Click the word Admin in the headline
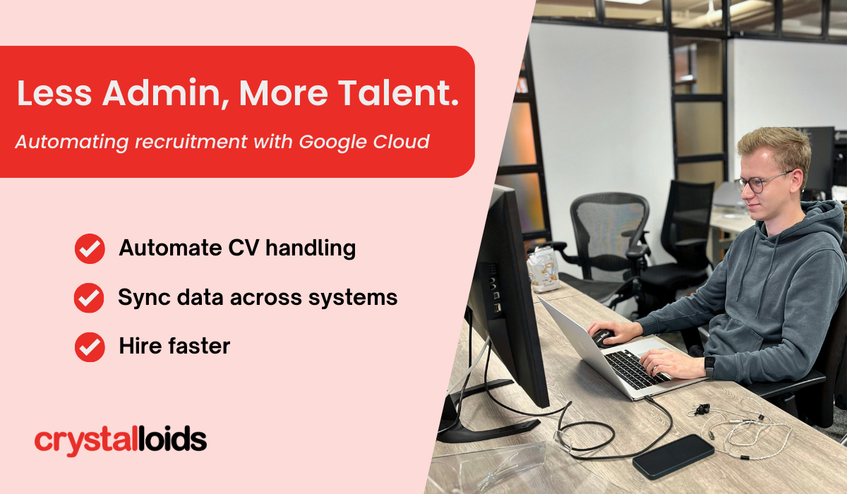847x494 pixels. coord(162,93)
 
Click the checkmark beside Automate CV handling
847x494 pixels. coord(90,248)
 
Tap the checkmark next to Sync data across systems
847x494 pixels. coord(89,297)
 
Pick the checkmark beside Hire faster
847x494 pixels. coord(90,347)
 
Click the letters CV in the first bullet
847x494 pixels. coord(244,248)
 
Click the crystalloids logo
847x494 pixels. coord(121,440)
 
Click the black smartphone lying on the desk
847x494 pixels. coord(673,457)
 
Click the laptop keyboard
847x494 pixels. coord(635,369)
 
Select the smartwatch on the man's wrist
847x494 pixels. coord(709,366)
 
